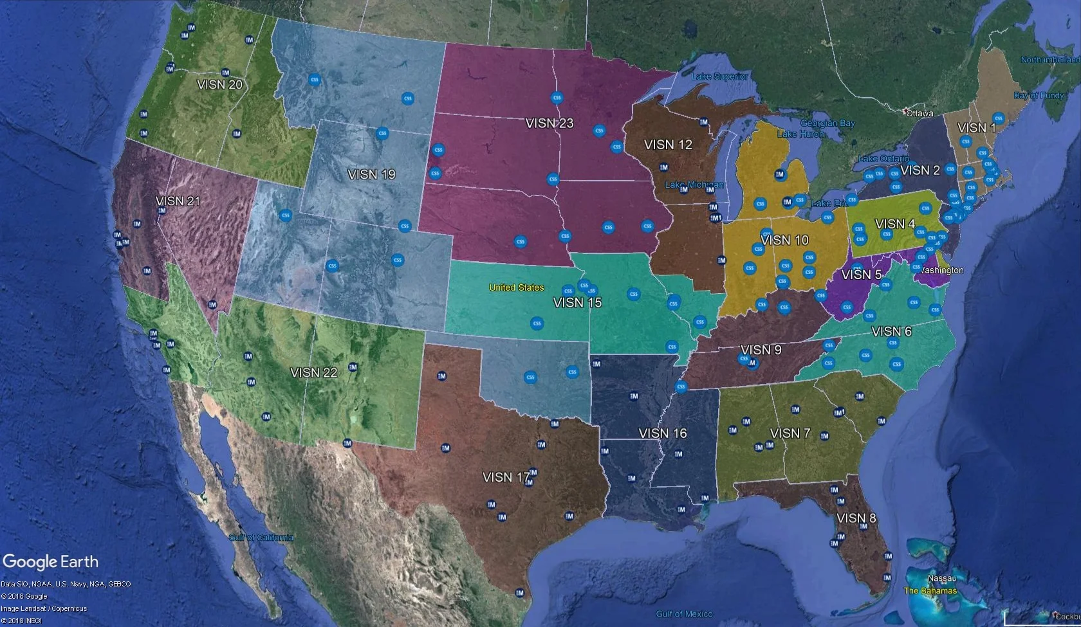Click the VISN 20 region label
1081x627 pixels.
click(x=219, y=84)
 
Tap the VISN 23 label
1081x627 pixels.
click(x=549, y=123)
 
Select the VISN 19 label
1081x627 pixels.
click(x=371, y=174)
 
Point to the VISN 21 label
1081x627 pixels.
click(x=178, y=201)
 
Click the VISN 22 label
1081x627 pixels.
click(x=313, y=372)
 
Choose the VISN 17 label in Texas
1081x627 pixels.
click(x=506, y=477)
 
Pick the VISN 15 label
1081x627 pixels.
click(x=577, y=302)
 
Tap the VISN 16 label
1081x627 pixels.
click(x=663, y=433)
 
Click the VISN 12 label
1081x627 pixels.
click(x=668, y=145)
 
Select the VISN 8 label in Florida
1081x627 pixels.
click(x=856, y=518)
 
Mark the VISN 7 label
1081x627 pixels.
click(x=790, y=433)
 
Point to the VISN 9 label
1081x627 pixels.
click(x=761, y=349)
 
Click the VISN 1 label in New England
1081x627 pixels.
click(x=976, y=127)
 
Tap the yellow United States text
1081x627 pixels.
click(x=516, y=287)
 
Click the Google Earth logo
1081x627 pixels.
click(x=51, y=561)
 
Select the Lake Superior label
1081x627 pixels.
click(x=720, y=77)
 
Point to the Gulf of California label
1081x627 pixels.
click(x=261, y=538)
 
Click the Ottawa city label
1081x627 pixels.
click(x=919, y=113)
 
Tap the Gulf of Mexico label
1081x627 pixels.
click(x=684, y=614)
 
